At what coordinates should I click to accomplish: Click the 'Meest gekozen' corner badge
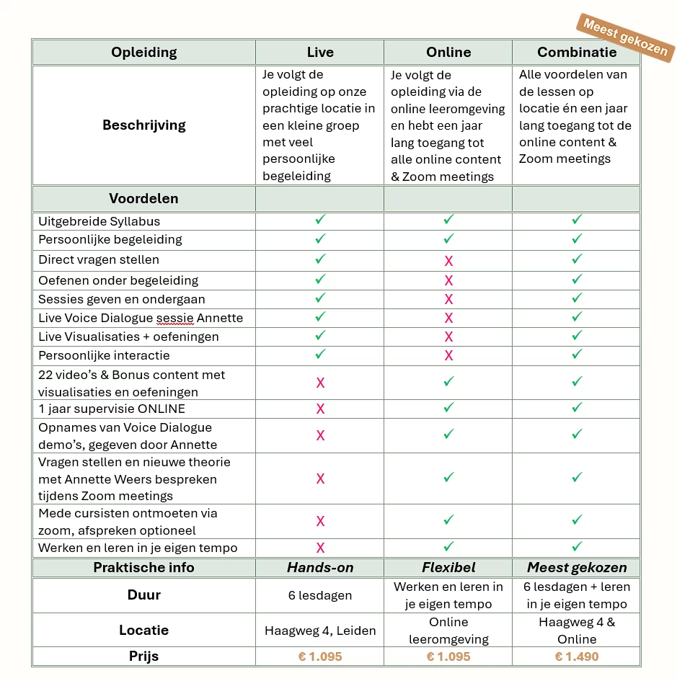point(624,37)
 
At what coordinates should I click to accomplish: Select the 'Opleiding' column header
point(143,52)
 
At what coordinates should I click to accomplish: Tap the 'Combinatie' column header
point(577,52)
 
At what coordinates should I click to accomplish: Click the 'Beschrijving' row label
point(143,125)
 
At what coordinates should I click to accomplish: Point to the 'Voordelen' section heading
point(143,198)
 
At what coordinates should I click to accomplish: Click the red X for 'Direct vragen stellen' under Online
point(448,260)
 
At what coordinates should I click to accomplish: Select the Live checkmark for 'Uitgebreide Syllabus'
point(320,220)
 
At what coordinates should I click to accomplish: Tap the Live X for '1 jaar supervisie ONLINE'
point(320,409)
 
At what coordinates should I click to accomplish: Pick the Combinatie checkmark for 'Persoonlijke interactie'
point(577,354)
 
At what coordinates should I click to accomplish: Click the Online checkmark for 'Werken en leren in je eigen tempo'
point(448,547)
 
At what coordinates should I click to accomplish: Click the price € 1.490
point(577,656)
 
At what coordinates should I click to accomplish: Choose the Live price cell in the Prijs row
point(320,656)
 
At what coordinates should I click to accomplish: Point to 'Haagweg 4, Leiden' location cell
point(320,631)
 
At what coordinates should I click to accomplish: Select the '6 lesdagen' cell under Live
point(320,595)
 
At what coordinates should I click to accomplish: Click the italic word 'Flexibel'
point(448,567)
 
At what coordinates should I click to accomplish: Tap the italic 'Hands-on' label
point(320,567)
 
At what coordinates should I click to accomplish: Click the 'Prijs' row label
point(143,656)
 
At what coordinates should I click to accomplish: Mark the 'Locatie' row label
point(143,631)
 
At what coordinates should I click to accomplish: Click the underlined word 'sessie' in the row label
point(175,318)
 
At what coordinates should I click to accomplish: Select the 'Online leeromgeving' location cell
point(448,631)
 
